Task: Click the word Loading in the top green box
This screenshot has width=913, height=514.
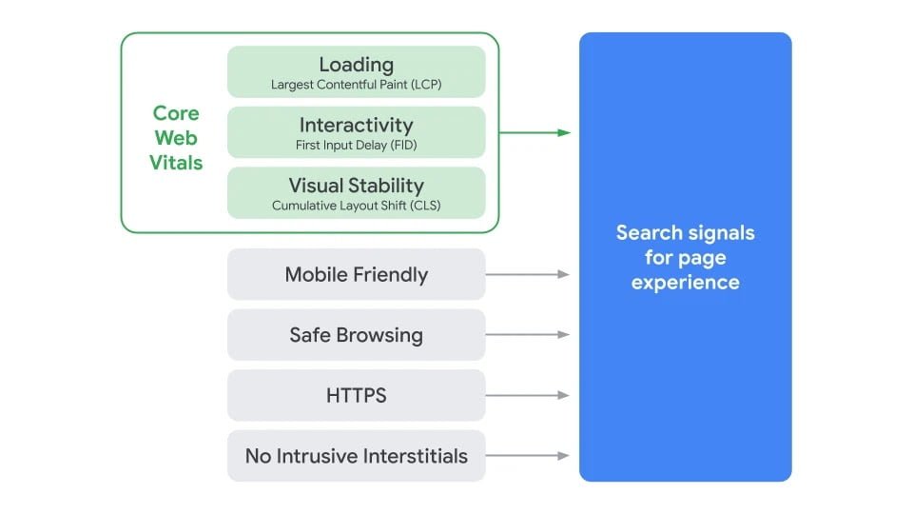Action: (356, 65)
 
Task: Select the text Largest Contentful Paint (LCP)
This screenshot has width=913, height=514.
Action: (356, 85)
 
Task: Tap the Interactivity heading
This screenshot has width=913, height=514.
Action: (356, 125)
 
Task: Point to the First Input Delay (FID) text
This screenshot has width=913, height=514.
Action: (356, 146)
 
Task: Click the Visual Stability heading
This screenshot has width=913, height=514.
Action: (356, 186)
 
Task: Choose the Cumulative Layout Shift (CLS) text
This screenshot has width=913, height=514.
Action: (356, 206)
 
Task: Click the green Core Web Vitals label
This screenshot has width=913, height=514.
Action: (176, 138)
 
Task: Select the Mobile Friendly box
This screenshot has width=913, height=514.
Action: (356, 274)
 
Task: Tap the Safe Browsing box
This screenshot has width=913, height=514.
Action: (356, 335)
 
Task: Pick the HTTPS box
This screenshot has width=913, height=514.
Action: (356, 395)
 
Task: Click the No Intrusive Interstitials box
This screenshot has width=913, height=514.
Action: (356, 456)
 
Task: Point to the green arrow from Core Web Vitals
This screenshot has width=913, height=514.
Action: (534, 133)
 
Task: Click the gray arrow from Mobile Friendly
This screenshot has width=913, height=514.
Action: (528, 274)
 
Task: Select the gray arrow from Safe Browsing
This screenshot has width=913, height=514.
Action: (528, 335)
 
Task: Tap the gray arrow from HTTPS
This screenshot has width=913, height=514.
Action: (528, 395)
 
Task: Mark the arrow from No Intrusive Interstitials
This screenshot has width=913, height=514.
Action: (528, 456)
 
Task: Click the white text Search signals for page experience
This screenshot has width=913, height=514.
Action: (685, 257)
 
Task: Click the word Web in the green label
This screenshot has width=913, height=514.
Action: (176, 138)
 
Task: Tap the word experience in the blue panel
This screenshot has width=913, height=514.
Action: (685, 283)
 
